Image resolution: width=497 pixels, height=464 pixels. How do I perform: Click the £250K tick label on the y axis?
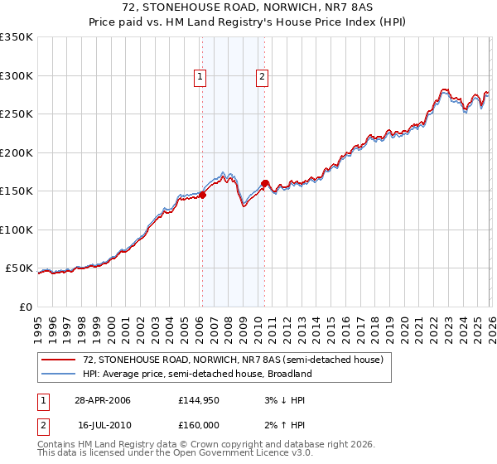pyautogui.click(x=17, y=114)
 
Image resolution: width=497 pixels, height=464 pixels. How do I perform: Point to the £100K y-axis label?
pyautogui.click(x=17, y=230)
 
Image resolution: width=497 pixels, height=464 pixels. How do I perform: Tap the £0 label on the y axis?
pyautogui.click(x=25, y=307)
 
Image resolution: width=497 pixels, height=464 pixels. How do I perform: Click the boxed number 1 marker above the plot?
pyautogui.click(x=201, y=78)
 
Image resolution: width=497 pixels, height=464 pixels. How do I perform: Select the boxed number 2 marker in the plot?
pyautogui.click(x=262, y=78)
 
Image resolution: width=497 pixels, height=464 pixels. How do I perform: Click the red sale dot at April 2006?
pyautogui.click(x=202, y=196)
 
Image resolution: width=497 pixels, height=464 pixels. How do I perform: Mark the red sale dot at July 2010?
pyautogui.click(x=265, y=184)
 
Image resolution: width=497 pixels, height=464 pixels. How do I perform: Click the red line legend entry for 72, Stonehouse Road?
pyautogui.click(x=233, y=360)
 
